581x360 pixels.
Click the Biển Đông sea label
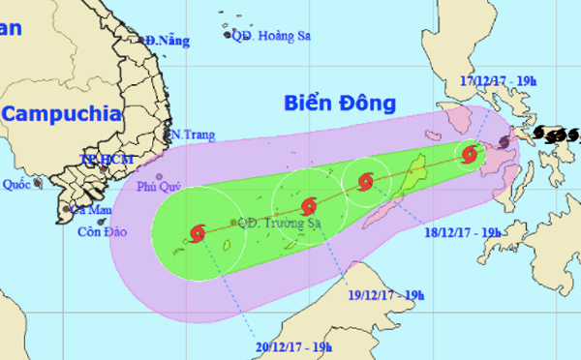(x=342, y=102)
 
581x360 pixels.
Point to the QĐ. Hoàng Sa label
(x=271, y=35)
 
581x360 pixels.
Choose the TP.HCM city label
(x=100, y=158)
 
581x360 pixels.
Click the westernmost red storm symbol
(x=199, y=233)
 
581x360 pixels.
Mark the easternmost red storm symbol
(x=470, y=154)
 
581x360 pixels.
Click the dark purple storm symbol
(x=505, y=144)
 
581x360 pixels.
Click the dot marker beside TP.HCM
(x=103, y=169)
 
